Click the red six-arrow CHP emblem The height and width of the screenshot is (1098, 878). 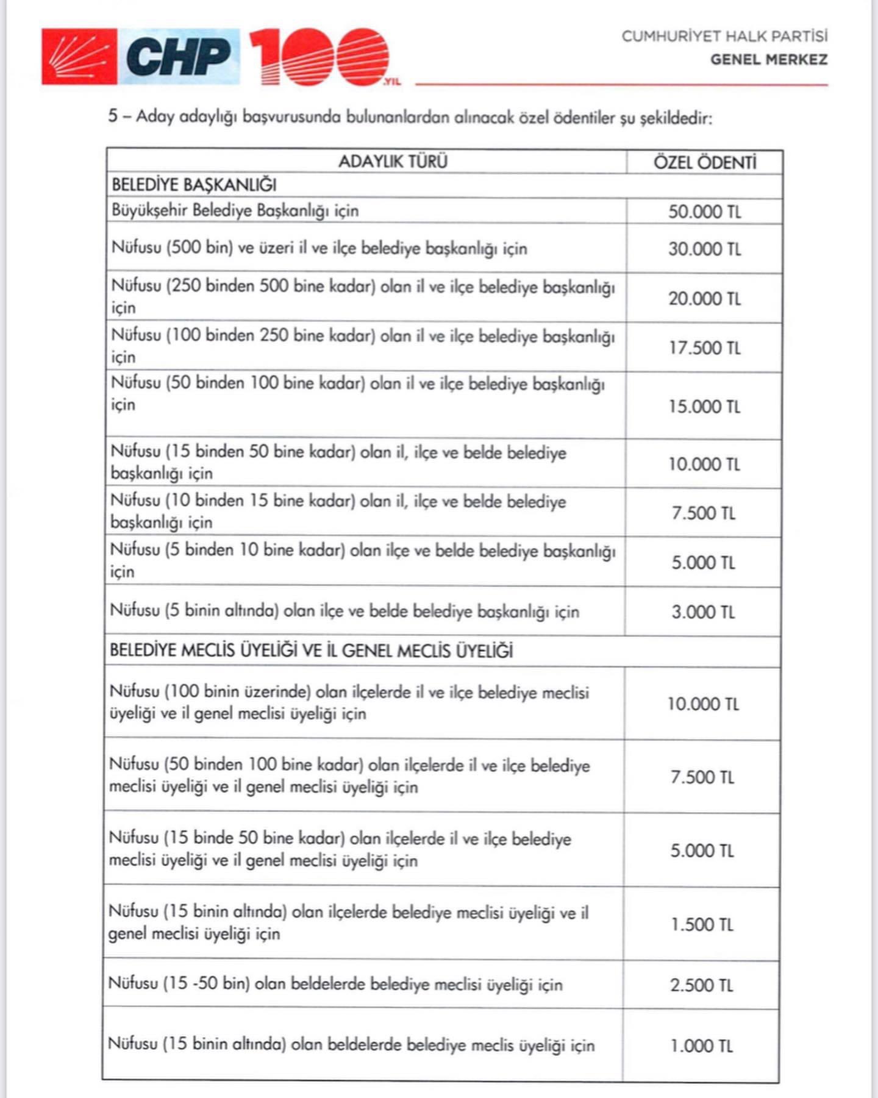[x=79, y=56]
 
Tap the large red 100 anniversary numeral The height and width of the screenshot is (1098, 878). [x=319, y=57]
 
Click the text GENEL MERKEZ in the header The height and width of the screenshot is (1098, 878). [x=769, y=60]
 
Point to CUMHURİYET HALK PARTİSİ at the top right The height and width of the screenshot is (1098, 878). [x=724, y=37]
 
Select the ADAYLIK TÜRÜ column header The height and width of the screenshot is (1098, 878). [x=393, y=162]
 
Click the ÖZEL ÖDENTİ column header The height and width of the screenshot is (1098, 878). [x=705, y=163]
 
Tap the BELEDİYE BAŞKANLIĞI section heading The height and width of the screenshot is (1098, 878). [x=194, y=185]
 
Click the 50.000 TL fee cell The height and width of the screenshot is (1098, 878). [x=704, y=212]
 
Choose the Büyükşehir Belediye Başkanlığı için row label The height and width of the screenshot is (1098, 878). [x=235, y=211]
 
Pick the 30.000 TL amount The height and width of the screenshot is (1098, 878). [x=704, y=249]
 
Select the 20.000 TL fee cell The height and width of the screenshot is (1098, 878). [x=704, y=299]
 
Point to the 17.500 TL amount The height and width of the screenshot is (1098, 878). [x=704, y=348]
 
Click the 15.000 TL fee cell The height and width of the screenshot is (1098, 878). [x=704, y=407]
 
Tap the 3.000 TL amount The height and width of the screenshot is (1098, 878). [x=703, y=612]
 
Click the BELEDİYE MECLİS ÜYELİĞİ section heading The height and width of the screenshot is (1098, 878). [x=311, y=651]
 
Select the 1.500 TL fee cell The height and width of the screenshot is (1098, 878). [x=702, y=925]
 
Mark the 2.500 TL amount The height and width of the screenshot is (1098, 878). [x=701, y=985]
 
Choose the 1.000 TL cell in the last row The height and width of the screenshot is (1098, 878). [x=701, y=1046]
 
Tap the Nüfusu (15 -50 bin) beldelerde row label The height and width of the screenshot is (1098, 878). [x=335, y=984]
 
